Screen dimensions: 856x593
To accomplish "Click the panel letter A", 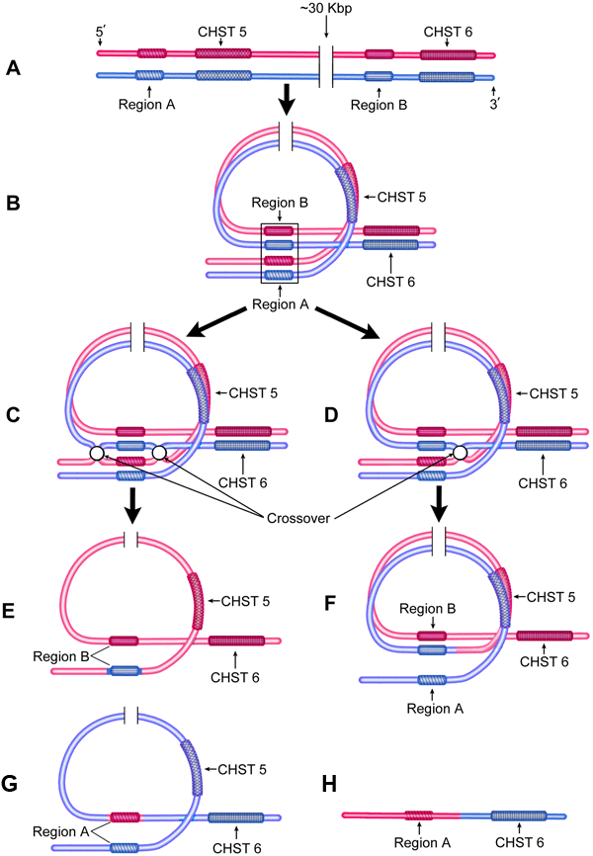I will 13,68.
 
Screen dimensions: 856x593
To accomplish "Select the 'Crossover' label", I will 296,517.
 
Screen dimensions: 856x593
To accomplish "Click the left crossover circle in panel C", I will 96,454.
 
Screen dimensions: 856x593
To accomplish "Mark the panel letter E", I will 13,613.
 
